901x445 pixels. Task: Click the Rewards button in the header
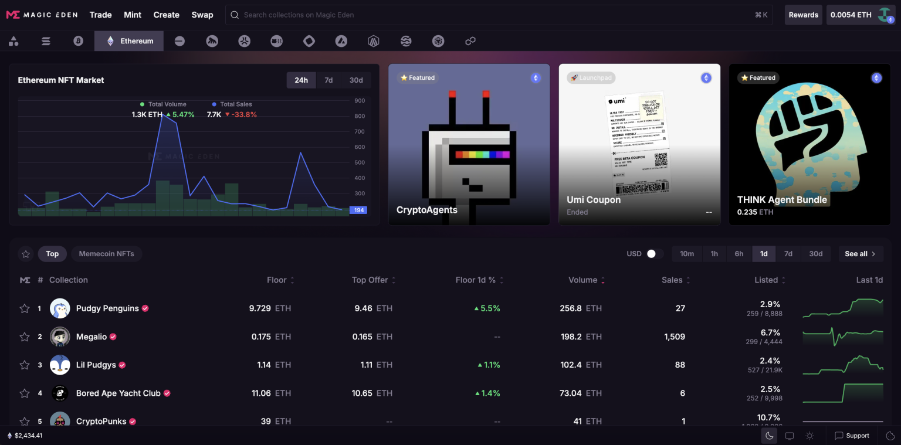tap(803, 15)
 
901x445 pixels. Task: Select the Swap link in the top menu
tap(202, 15)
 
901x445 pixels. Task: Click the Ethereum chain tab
tap(129, 41)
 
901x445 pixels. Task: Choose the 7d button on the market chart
tap(328, 80)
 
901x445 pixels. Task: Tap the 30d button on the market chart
tap(356, 80)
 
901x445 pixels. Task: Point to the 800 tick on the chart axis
tap(360, 116)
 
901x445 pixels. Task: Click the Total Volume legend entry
tap(167, 104)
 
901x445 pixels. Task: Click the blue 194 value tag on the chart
tap(358, 210)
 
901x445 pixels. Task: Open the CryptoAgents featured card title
tap(426, 210)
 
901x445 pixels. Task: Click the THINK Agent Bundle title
tap(782, 200)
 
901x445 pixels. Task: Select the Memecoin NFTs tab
tap(107, 254)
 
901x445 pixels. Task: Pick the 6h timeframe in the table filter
tap(739, 254)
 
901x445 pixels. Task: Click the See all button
tap(860, 254)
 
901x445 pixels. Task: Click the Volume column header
tap(582, 280)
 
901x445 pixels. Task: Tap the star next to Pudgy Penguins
tap(25, 308)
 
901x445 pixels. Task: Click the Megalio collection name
tap(92, 337)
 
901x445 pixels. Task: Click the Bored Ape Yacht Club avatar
tap(60, 393)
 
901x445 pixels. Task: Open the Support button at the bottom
tap(852, 436)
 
